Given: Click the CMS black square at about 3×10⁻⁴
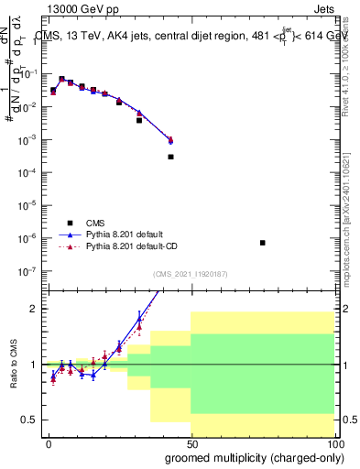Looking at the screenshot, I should point(170,157).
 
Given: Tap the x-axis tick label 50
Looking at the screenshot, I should point(191,443).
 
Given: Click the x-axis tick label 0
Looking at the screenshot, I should point(49,443).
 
